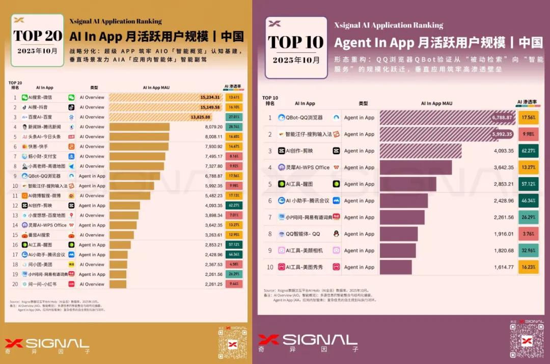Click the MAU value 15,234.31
[x=210, y=97]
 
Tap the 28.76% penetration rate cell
[x=234, y=127]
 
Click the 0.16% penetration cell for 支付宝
[x=234, y=156]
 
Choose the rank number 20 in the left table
[x=15, y=284]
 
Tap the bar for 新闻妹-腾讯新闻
[x=139, y=127]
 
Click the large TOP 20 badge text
[x=37, y=36]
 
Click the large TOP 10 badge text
[x=296, y=42]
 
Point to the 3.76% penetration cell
[x=528, y=234]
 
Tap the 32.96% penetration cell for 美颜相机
[x=528, y=250]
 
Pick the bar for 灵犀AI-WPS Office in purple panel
[x=416, y=167]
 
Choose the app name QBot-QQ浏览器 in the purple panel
[x=304, y=118]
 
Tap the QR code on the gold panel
[x=233, y=343]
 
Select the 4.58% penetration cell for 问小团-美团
[x=234, y=264]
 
